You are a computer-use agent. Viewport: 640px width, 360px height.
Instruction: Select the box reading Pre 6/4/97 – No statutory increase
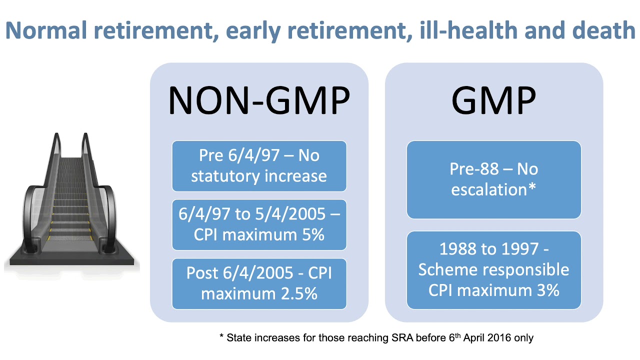tap(259, 166)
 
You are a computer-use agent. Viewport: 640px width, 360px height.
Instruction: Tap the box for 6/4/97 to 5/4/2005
tap(259, 224)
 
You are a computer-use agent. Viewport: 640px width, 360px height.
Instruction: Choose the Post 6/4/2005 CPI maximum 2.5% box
tap(259, 283)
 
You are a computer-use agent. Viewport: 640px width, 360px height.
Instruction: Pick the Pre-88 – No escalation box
tap(493, 179)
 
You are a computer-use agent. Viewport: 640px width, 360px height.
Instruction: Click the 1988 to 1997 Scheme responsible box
tap(493, 269)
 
